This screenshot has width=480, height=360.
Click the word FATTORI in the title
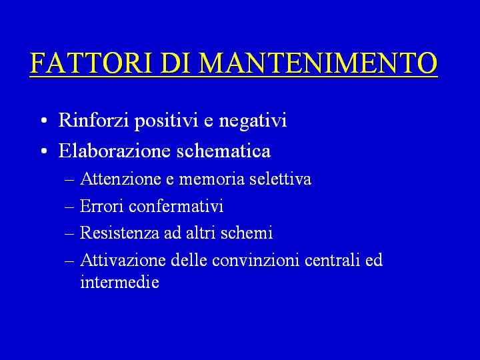[x=91, y=63]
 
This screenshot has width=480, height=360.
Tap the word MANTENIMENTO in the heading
[x=318, y=63]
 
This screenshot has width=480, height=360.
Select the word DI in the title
[x=175, y=63]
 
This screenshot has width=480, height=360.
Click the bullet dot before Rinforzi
[x=44, y=120]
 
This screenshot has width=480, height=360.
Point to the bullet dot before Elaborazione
[x=44, y=151]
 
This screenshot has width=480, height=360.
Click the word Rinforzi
[x=93, y=119]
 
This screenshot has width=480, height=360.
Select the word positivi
[x=166, y=121]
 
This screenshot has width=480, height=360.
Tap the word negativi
[x=253, y=121]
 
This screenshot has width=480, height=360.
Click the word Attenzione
[x=121, y=179]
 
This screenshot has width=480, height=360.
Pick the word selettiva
[x=281, y=179]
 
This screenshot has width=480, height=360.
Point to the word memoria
[x=211, y=179]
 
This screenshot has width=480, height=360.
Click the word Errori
[x=101, y=206]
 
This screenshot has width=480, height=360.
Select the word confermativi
[x=176, y=206]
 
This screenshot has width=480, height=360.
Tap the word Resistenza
[x=119, y=233]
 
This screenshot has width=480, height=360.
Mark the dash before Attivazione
[x=69, y=261]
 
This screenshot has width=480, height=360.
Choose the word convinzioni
[x=255, y=260]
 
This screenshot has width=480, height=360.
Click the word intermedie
[x=120, y=281]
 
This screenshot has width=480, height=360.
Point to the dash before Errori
[x=69, y=207]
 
